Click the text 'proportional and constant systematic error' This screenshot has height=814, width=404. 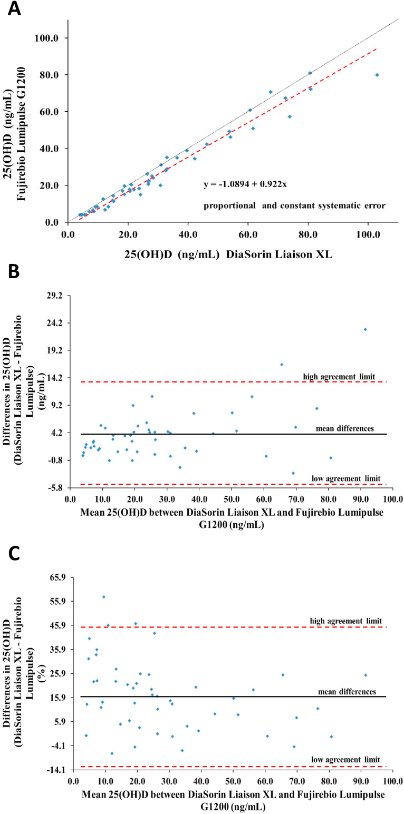(295, 205)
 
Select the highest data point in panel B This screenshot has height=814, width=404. (365, 329)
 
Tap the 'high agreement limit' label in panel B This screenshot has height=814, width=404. (339, 376)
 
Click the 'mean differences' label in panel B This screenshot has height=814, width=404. (345, 428)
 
